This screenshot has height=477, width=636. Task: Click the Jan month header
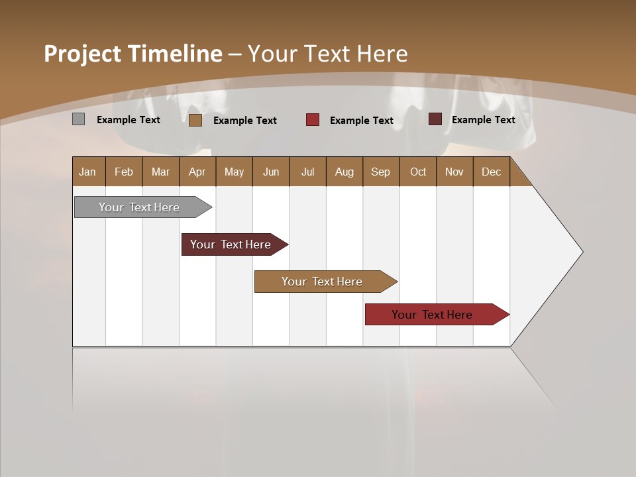tap(87, 172)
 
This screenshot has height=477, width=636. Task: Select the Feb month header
tap(124, 172)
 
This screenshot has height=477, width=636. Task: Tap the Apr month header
tap(197, 172)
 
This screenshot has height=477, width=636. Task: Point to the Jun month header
tap(270, 172)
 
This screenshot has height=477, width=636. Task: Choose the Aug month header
tap(344, 172)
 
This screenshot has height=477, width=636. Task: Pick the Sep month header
tap(380, 172)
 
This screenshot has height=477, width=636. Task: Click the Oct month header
tap(417, 172)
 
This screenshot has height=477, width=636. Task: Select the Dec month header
tap(491, 172)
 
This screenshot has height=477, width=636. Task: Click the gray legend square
tap(78, 119)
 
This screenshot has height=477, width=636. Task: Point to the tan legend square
tap(195, 120)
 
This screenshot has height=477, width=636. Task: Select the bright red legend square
tap(313, 119)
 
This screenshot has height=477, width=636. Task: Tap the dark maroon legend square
tap(435, 119)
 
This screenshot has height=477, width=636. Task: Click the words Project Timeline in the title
tap(132, 54)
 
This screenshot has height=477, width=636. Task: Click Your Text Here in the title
tap(327, 54)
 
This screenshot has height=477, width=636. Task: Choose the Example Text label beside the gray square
tap(128, 120)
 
